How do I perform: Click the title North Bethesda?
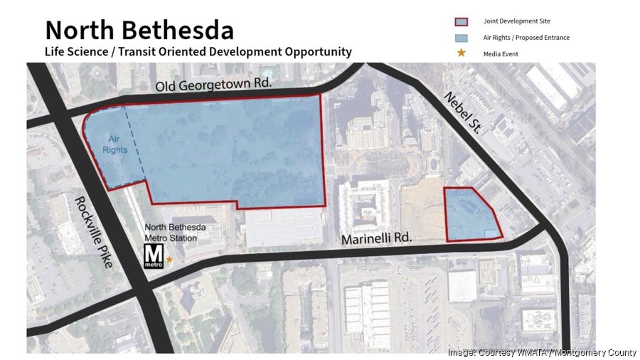(139, 30)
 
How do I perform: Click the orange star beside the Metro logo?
(169, 261)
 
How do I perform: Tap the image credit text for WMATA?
(542, 352)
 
